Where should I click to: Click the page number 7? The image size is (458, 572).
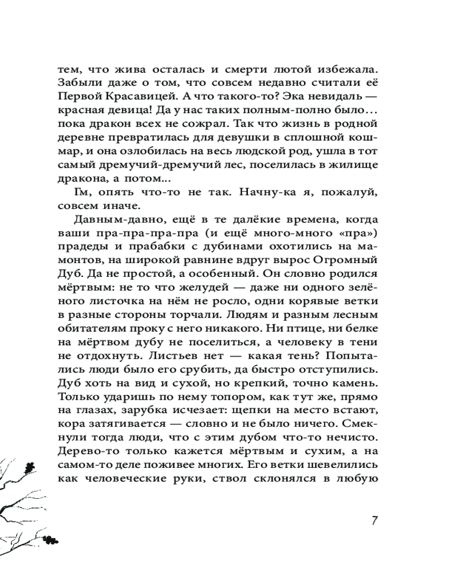point(373,521)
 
